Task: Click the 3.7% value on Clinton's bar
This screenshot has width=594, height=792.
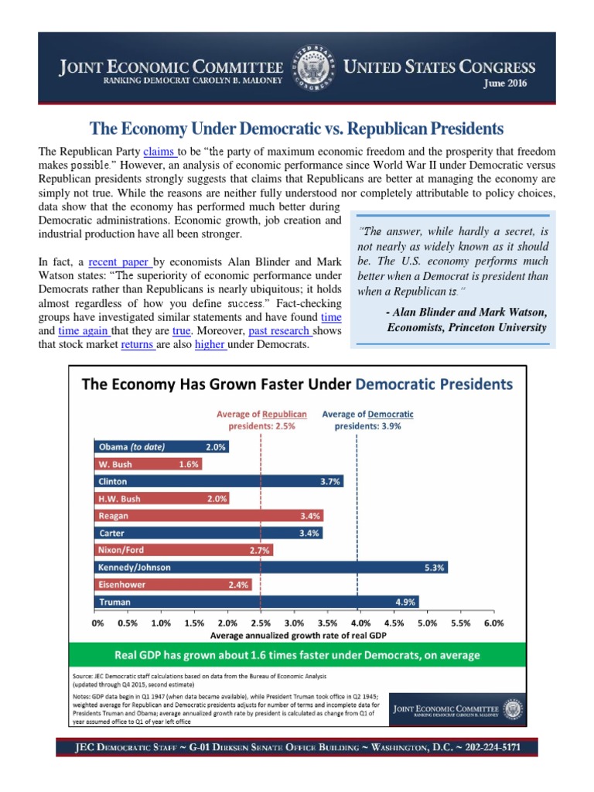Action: [330, 481]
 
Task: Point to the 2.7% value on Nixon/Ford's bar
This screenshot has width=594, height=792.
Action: [259, 550]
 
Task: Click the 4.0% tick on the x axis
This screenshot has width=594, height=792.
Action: [360, 622]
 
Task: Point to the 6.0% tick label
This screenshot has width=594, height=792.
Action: [493, 622]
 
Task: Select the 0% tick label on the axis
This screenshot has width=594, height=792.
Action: [98, 622]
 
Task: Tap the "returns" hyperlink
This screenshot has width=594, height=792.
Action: [138, 344]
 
